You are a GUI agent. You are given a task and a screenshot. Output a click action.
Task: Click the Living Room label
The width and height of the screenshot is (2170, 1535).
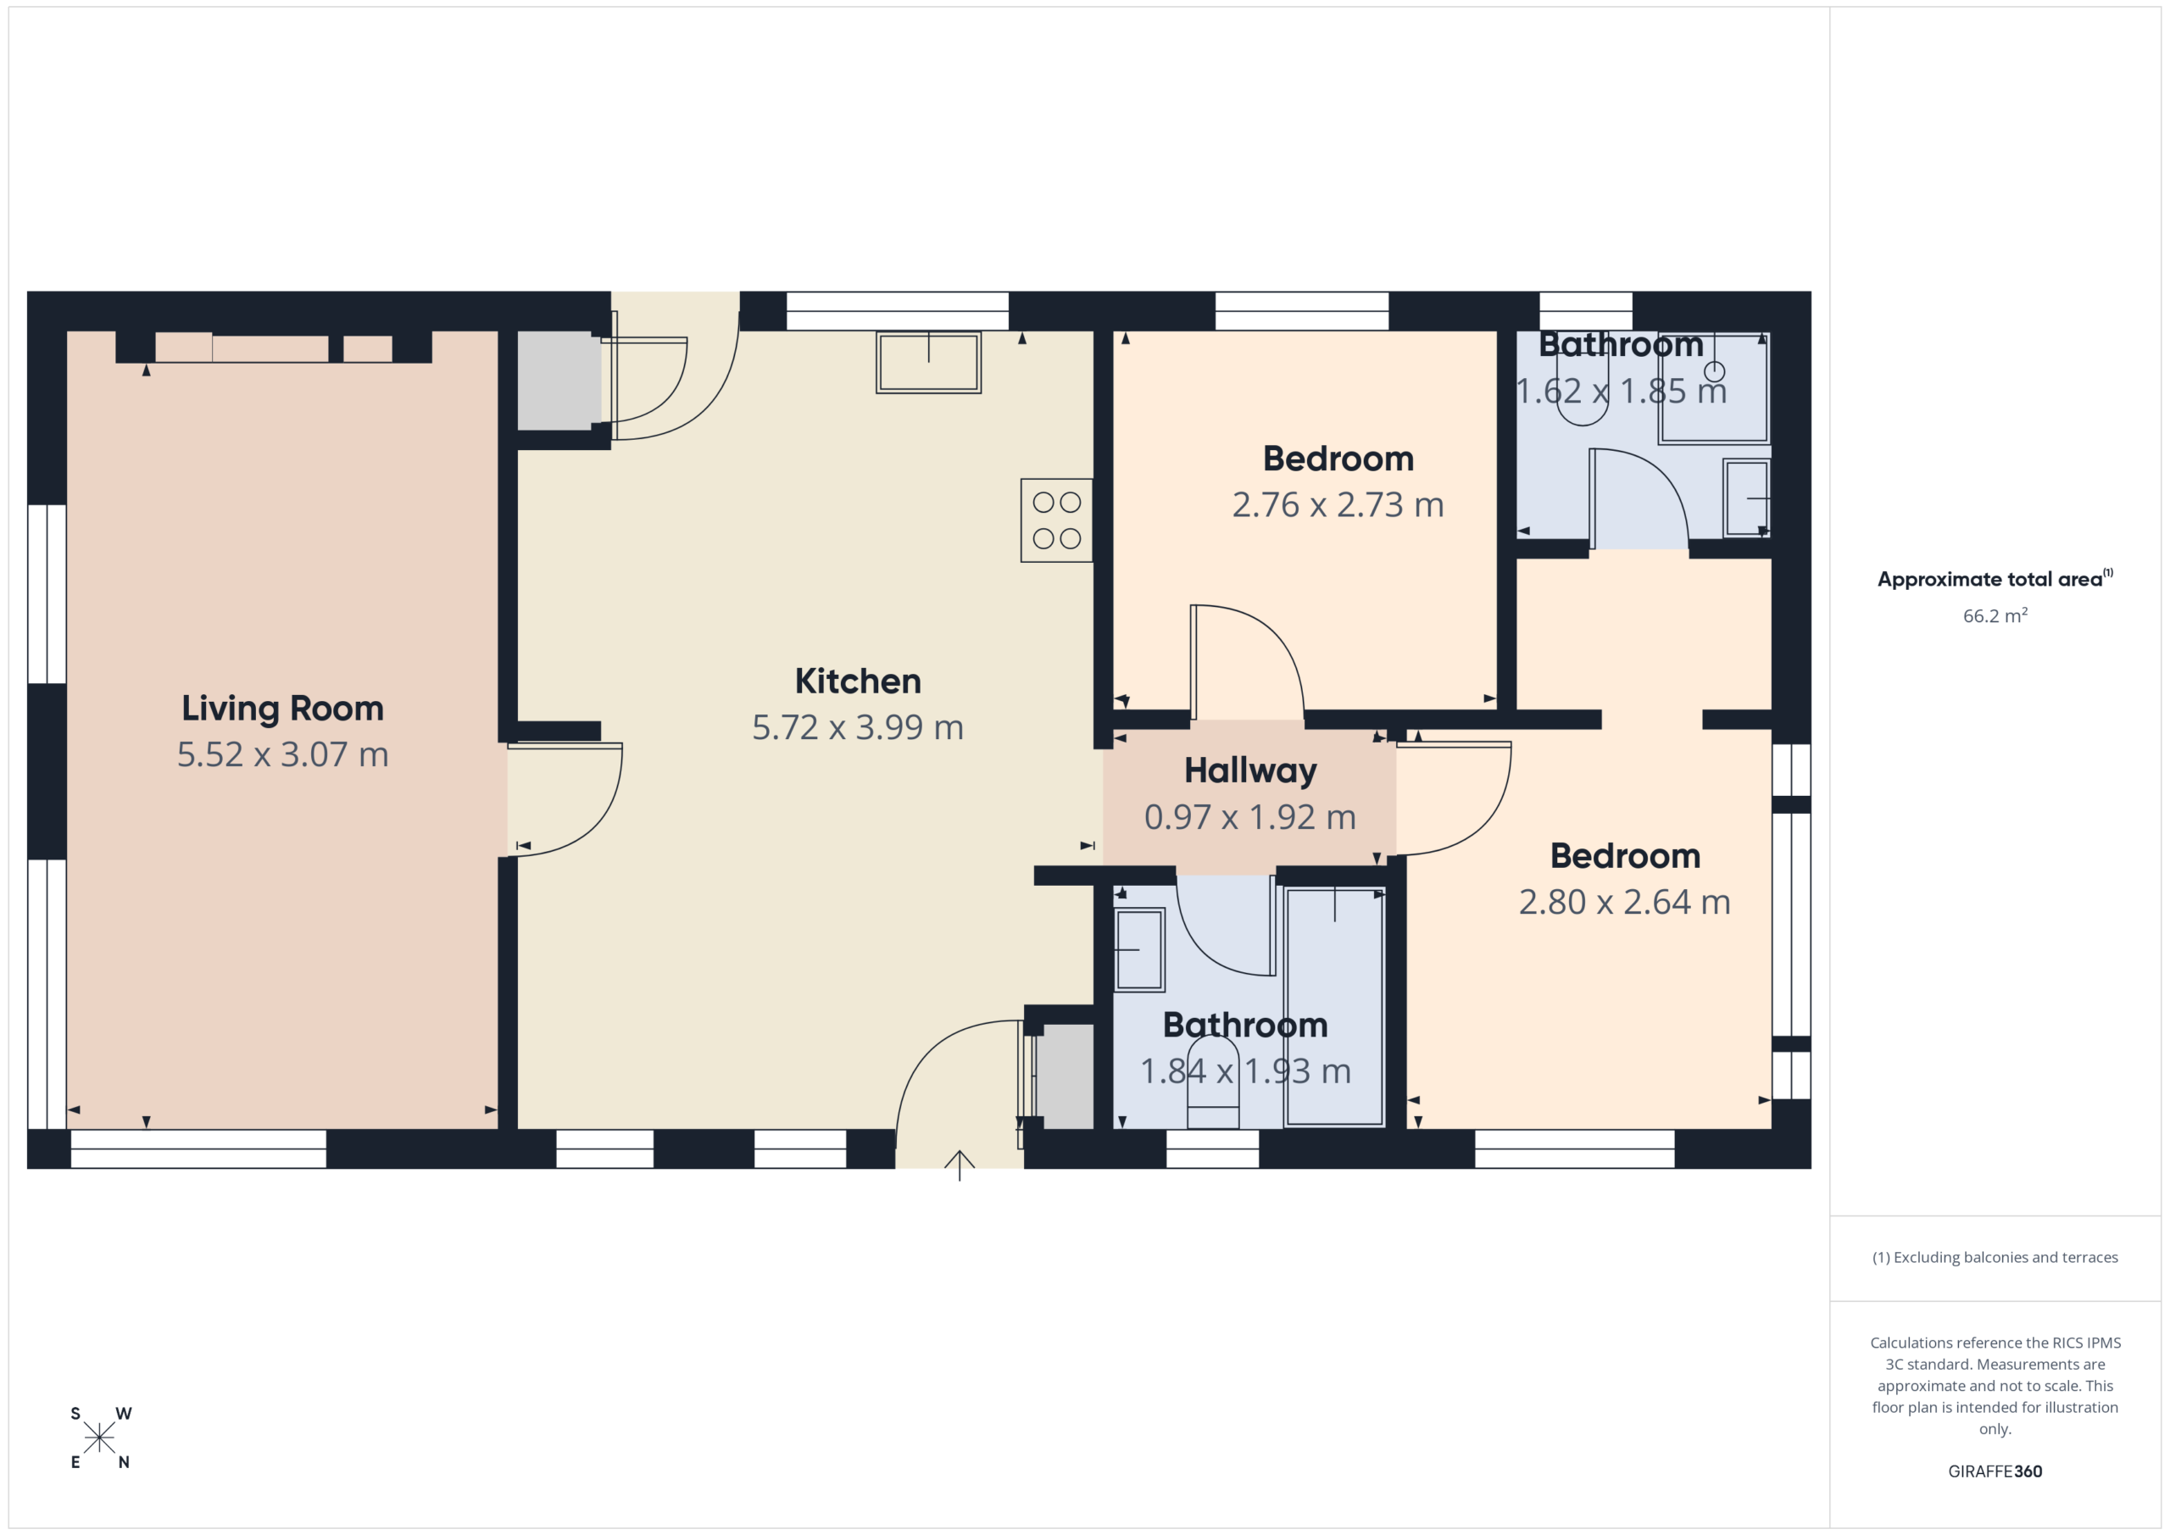click(282, 709)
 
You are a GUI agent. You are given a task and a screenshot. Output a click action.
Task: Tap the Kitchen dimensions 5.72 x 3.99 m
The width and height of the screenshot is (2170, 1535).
click(857, 728)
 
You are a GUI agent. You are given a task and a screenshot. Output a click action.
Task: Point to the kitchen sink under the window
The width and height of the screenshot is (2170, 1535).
click(928, 362)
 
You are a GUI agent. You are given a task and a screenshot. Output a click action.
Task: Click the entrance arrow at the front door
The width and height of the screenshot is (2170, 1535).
click(960, 1165)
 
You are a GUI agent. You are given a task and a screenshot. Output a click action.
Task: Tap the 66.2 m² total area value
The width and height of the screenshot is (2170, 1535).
click(1995, 615)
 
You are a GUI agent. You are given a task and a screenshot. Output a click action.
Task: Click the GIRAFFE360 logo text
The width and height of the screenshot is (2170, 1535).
click(1995, 1471)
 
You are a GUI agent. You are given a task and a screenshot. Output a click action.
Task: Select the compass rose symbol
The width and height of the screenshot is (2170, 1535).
click(99, 1438)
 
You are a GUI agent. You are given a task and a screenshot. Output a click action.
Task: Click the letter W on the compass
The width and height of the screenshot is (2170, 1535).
click(124, 1414)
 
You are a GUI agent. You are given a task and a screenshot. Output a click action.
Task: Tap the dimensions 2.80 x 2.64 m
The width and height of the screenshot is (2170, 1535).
click(1625, 903)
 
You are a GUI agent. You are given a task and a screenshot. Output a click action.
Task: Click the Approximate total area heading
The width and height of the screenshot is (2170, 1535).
click(1995, 578)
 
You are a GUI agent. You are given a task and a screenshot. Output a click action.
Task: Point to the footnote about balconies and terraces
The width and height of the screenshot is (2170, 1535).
click(1995, 1257)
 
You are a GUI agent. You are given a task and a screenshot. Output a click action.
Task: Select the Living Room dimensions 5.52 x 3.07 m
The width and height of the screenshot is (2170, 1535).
click(282, 755)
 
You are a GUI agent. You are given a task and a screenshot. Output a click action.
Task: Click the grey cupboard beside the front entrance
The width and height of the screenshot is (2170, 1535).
click(1067, 1076)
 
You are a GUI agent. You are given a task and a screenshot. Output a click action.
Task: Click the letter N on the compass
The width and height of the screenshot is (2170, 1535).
click(124, 1462)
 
